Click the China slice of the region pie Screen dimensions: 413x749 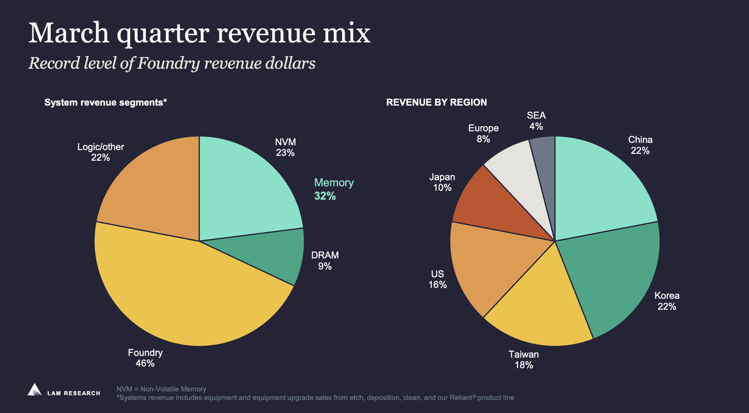pyautogui.click(x=599, y=187)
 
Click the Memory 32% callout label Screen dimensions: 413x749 pyautogui.click(x=333, y=189)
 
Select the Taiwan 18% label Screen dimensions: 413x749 pyautogui.click(x=523, y=360)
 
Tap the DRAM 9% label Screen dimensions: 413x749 pyautogui.click(x=325, y=261)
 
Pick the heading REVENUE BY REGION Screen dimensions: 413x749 pyautogui.click(x=436, y=102)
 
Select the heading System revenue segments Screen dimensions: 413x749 pyautogui.click(x=105, y=102)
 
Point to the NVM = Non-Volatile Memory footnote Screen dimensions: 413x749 pyautogui.click(x=161, y=389)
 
